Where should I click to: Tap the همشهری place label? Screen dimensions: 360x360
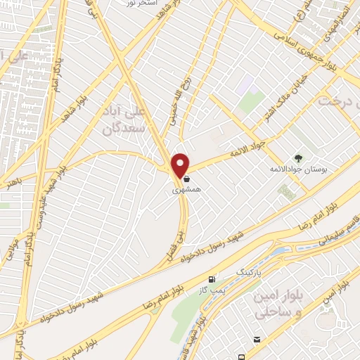185,190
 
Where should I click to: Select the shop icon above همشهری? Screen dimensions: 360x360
185,179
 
